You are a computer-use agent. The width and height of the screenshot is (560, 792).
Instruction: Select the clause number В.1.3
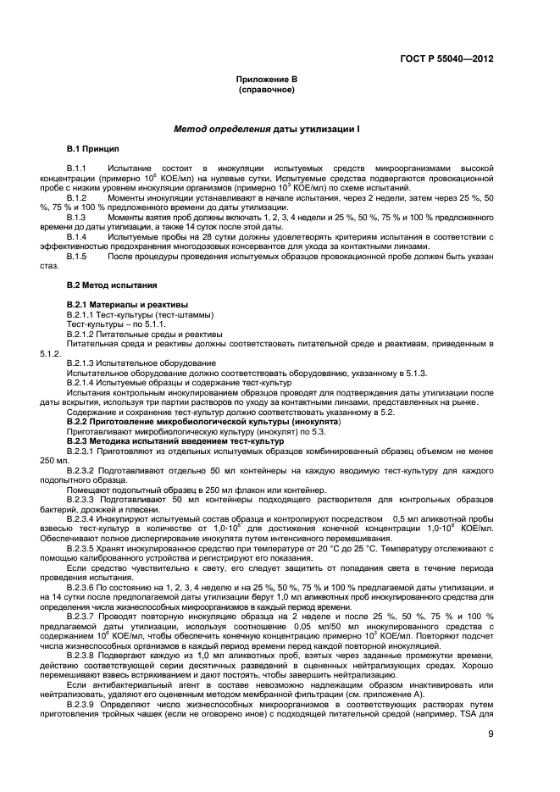tap(78, 217)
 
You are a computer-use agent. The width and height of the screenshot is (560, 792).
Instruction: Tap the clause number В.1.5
tap(78, 256)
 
